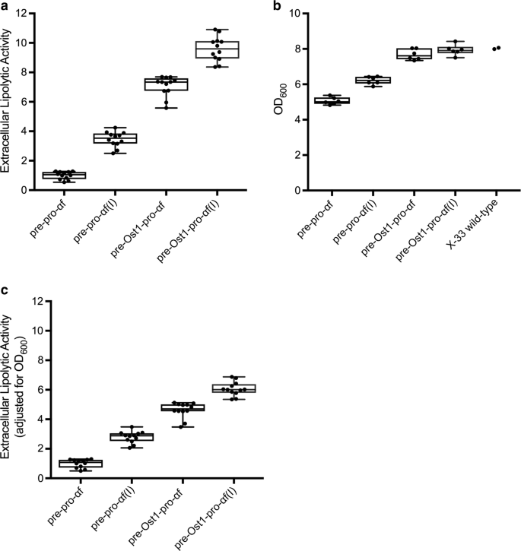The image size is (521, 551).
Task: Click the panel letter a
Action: pyautogui.click(x=5, y=6)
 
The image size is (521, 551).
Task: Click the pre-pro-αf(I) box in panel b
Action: pyautogui.click(x=374, y=80)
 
